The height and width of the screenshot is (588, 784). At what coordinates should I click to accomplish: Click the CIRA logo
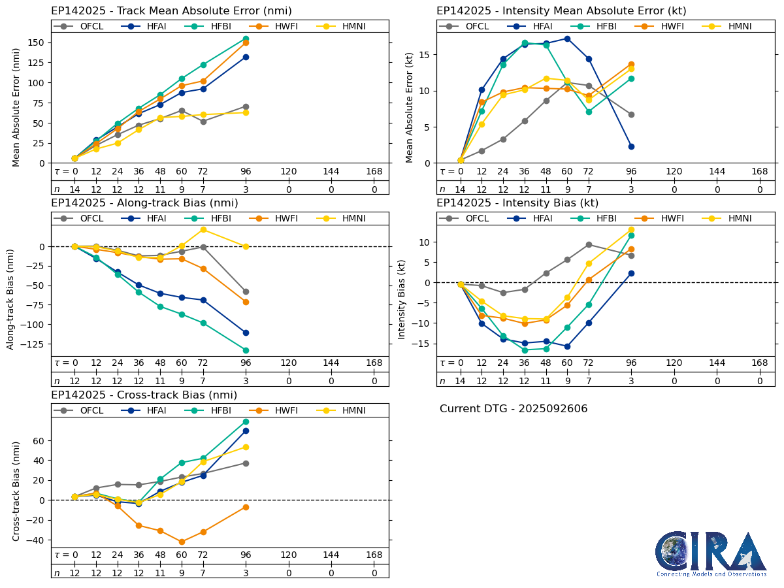711,552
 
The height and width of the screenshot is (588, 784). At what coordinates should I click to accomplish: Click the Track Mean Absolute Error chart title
171,11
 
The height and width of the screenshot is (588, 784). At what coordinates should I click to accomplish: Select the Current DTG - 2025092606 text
514,409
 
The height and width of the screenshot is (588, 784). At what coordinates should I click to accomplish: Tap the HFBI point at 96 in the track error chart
246,39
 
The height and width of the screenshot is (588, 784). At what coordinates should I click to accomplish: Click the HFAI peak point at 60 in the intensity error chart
567,39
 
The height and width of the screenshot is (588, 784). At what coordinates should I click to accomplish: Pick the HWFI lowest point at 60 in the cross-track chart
182,542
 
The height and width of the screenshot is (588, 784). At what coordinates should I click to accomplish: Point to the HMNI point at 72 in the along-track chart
203,229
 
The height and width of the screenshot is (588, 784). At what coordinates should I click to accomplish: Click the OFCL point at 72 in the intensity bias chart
589,244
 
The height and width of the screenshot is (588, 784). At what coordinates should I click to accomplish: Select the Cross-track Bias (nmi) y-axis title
16,491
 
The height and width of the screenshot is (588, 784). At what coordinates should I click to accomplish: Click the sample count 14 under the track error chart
74,189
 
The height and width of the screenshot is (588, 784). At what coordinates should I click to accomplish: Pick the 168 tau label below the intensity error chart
760,172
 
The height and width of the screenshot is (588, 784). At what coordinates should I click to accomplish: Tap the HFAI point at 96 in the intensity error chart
631,146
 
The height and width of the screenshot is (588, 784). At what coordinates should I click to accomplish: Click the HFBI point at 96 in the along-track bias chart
246,350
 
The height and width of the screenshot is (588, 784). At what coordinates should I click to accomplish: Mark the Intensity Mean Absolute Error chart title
561,11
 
